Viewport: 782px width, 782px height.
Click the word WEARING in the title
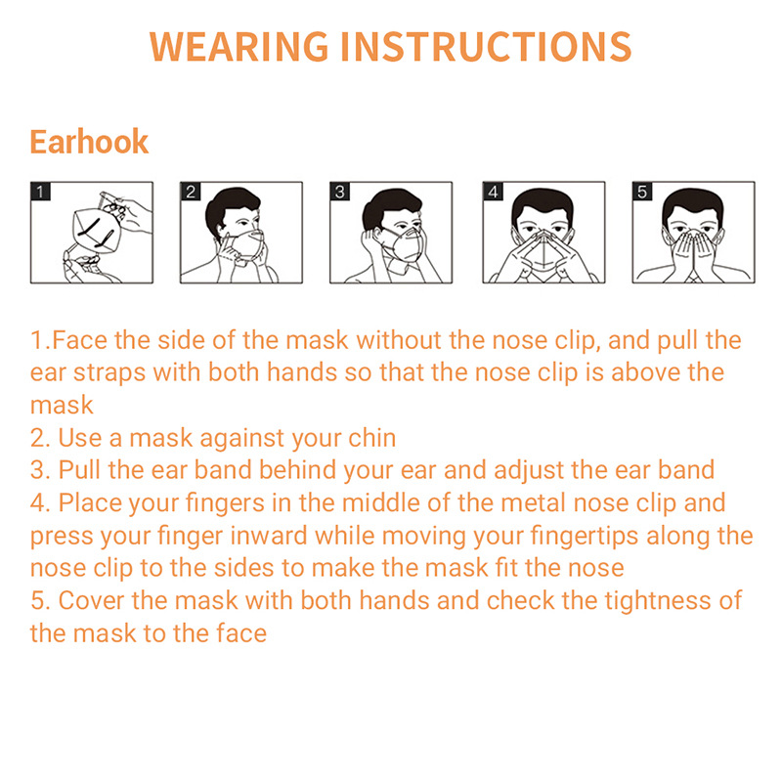[239, 47]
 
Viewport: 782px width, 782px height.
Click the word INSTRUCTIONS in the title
[486, 47]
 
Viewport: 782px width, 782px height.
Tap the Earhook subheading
[89, 142]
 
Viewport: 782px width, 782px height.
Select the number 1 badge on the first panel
[40, 192]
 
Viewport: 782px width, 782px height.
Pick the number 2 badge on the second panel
[191, 192]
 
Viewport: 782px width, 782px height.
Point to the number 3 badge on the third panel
[339, 192]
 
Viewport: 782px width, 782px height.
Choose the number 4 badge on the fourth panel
[494, 192]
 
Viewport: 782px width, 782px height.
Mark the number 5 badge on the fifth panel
[642, 192]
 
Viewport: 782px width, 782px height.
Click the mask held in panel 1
[97, 231]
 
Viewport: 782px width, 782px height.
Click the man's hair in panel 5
[693, 204]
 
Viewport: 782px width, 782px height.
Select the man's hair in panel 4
[543, 204]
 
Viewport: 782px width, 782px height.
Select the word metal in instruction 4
[533, 502]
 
